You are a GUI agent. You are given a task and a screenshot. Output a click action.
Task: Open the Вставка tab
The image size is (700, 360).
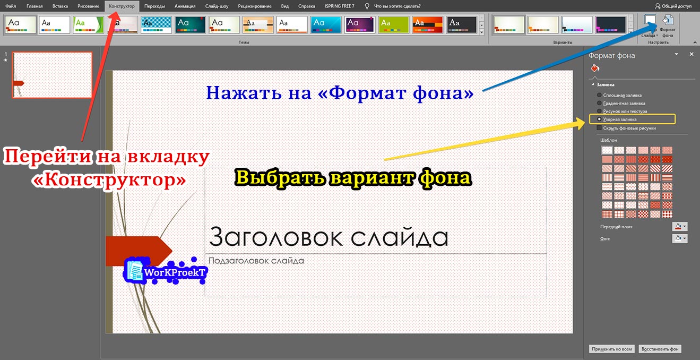(x=60, y=6)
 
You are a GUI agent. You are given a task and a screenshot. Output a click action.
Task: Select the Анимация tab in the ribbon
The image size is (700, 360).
(x=185, y=6)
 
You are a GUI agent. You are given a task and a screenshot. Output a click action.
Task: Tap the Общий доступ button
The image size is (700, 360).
(x=673, y=6)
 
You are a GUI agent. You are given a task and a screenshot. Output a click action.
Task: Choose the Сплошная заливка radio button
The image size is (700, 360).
(x=600, y=95)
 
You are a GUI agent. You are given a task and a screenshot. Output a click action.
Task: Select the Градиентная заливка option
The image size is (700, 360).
(x=600, y=103)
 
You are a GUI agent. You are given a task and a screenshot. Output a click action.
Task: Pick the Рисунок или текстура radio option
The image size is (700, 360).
(x=600, y=112)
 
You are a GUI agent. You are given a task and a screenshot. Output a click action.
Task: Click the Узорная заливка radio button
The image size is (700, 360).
(x=600, y=119)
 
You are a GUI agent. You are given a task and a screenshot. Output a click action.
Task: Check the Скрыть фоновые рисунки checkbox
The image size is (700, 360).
(x=600, y=128)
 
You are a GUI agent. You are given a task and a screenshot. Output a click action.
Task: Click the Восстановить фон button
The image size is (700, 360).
(x=659, y=349)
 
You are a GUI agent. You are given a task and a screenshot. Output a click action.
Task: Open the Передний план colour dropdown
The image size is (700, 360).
(x=679, y=227)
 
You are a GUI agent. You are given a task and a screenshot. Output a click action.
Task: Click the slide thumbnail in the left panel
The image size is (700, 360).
(x=53, y=75)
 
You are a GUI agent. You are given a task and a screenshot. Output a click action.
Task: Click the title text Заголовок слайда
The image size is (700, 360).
(x=329, y=237)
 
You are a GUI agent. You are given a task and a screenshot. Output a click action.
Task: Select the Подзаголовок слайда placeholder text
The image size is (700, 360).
(x=256, y=261)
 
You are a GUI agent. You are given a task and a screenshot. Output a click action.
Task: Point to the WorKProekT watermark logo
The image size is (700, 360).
(x=165, y=271)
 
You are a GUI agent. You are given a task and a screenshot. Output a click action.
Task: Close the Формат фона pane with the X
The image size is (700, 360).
(x=692, y=55)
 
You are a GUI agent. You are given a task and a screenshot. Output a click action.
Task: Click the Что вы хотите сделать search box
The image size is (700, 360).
(x=397, y=6)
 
